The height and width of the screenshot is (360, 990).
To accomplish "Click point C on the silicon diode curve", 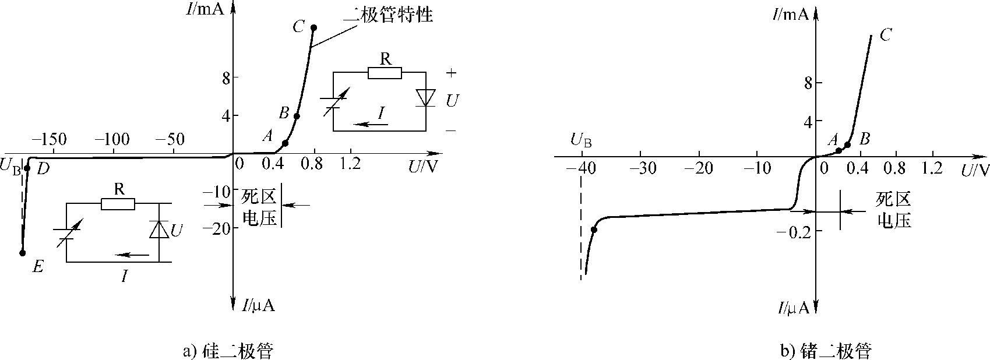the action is (313, 27).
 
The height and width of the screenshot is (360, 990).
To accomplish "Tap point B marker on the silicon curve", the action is (297, 116).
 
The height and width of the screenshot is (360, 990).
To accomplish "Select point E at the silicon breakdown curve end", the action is (23, 252).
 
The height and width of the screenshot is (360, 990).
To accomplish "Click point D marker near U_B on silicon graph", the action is (27, 168).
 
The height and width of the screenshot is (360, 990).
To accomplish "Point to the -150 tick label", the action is (49, 140).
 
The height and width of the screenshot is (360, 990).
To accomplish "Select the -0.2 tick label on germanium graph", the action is (794, 232).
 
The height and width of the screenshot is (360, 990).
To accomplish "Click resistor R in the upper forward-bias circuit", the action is (385, 73).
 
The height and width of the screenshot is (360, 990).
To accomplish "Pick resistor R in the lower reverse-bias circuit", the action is (118, 203).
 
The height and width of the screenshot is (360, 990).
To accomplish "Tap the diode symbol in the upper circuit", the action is (425, 97).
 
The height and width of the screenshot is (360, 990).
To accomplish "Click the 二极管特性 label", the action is (388, 15).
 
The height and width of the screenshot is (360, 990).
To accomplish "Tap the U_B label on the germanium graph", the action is (582, 139).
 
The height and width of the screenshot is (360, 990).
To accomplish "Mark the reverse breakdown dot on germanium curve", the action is (594, 230).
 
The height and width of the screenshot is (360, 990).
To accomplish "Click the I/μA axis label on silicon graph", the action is (258, 305).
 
